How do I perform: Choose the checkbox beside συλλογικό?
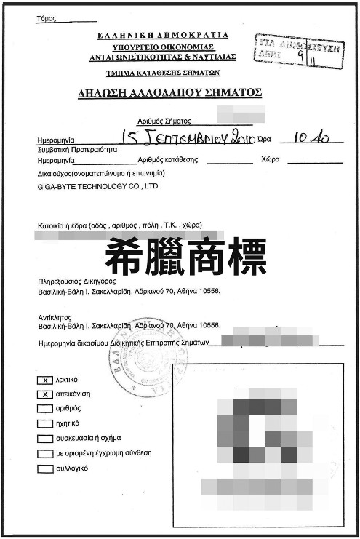coord(46,469)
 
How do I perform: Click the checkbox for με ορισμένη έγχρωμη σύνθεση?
coord(46,454)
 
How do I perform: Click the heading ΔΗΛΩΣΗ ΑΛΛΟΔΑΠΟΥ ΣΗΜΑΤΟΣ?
coord(169,93)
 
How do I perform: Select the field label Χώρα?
coord(270,159)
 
